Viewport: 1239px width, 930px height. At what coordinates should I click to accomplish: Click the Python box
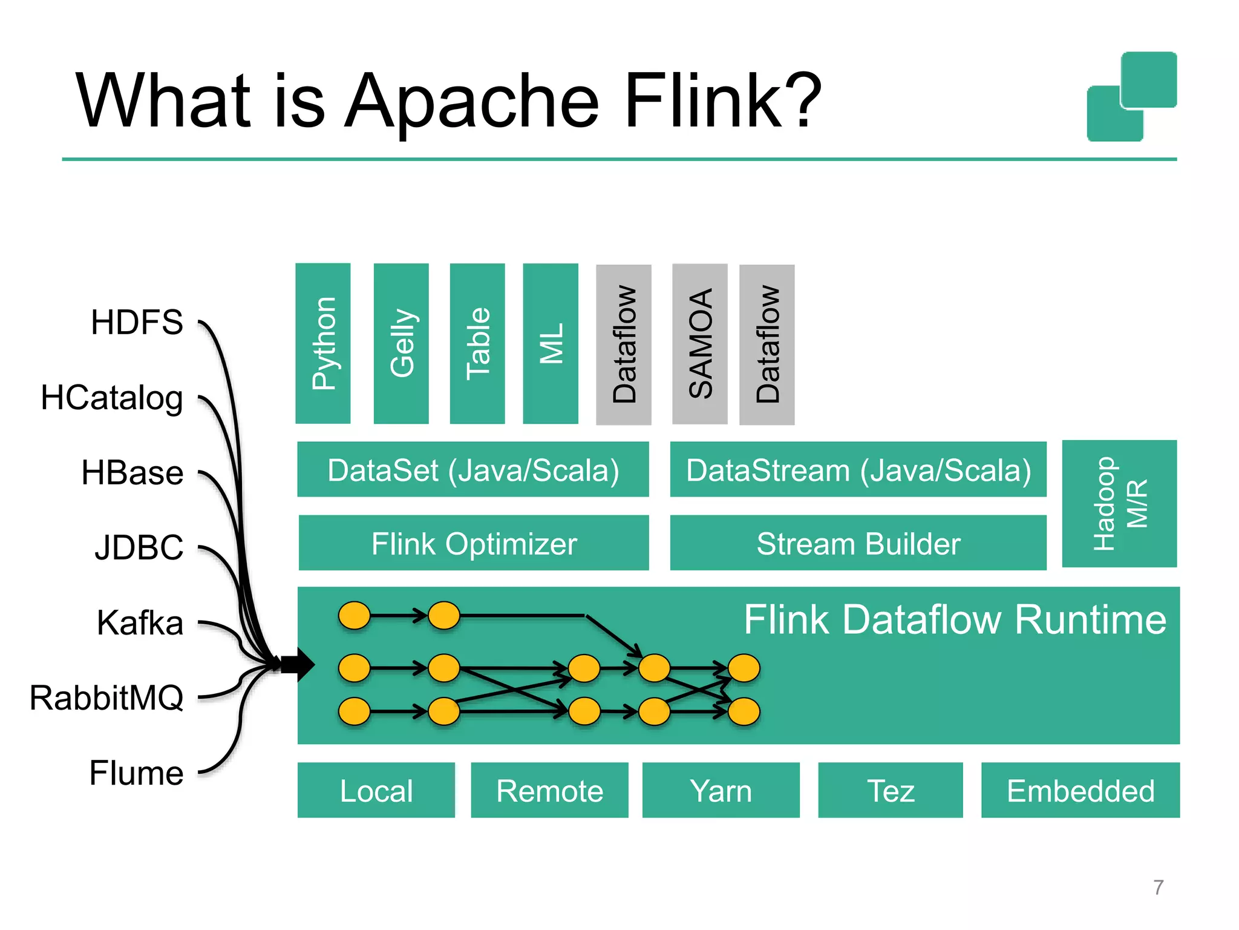[322, 343]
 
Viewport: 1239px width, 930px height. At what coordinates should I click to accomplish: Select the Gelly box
[401, 343]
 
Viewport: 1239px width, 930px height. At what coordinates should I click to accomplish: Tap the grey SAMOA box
[700, 344]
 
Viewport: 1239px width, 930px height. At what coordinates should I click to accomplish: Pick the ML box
[550, 343]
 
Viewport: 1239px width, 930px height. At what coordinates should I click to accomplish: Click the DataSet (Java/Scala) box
[473, 470]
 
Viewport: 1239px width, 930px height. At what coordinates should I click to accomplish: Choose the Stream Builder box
[858, 543]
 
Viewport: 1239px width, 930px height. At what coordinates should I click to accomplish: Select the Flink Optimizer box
[474, 543]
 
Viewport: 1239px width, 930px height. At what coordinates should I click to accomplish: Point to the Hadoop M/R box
[1119, 504]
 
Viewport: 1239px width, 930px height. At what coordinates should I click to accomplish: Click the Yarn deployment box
[721, 790]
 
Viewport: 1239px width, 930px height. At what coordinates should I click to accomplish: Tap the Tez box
[890, 790]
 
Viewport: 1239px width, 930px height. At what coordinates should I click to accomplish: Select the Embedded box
[1080, 790]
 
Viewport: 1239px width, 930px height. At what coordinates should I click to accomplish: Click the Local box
[376, 790]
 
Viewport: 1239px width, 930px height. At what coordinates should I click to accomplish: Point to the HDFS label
[137, 322]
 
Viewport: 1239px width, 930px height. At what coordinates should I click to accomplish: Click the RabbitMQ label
[106, 697]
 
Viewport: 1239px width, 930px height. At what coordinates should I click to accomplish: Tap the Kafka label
[140, 622]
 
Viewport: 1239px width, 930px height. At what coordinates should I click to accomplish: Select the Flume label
[136, 773]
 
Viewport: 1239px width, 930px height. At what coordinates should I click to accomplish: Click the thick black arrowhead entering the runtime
[299, 664]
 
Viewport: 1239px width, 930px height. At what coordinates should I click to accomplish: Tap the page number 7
[1158, 887]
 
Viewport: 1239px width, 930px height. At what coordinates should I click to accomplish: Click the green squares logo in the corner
[1131, 97]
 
